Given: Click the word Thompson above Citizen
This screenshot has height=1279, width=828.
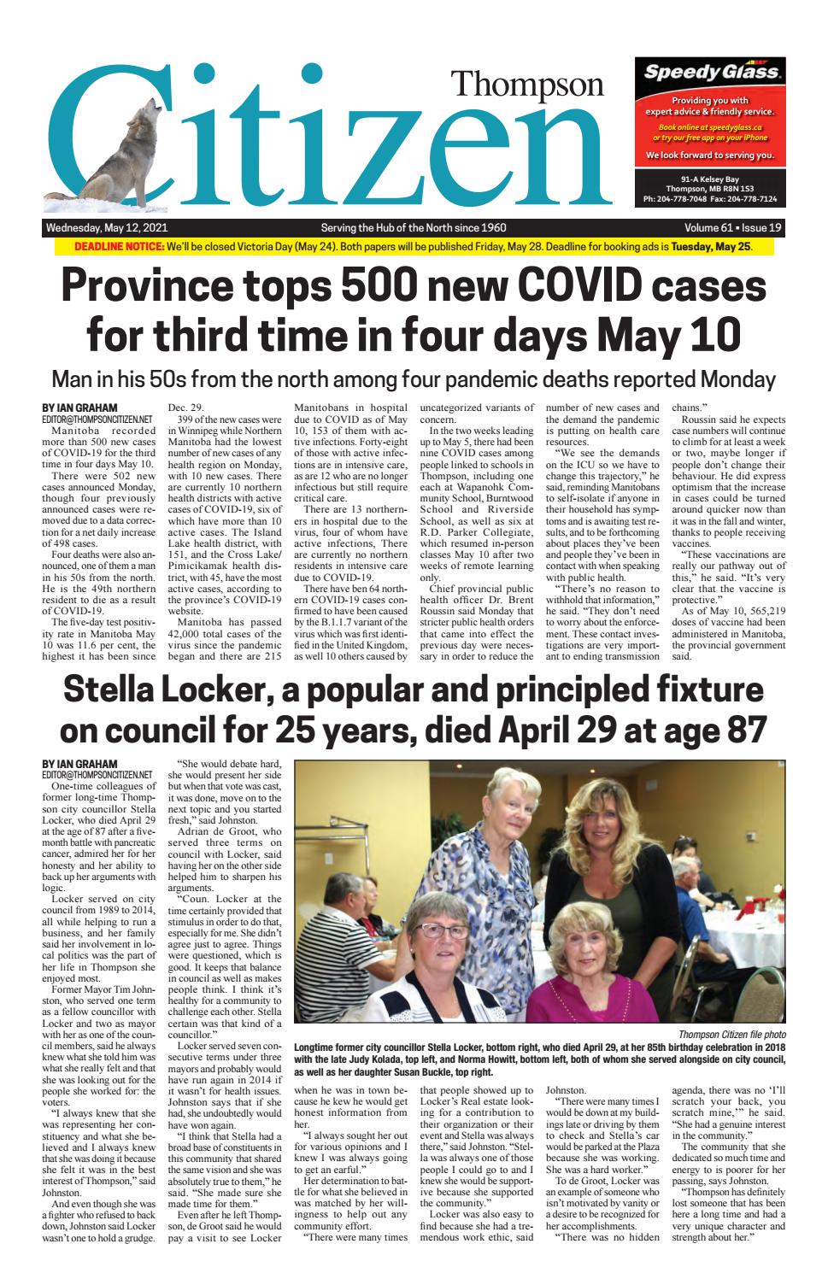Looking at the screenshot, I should (526, 84).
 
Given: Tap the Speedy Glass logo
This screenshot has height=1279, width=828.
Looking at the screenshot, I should (711, 73).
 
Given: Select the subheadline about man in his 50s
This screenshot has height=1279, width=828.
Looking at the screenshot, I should (414, 378).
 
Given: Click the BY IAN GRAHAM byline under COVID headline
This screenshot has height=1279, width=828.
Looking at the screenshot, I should (80, 408).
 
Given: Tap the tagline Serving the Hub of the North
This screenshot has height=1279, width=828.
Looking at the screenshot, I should (413, 228).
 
